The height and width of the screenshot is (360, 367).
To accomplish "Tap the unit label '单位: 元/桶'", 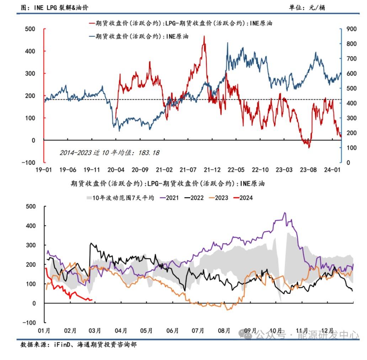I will tap(307, 7).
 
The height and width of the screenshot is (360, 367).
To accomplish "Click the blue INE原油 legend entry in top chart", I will tap(139, 36).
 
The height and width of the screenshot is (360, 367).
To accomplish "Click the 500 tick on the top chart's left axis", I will tap(30, 29).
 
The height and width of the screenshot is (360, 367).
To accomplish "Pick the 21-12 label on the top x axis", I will tap(212, 170).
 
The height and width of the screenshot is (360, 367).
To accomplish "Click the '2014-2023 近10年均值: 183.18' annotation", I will tap(109, 153).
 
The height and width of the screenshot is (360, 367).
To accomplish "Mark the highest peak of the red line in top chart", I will tap(204, 36).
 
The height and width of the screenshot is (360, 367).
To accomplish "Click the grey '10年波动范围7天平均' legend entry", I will tap(119, 198).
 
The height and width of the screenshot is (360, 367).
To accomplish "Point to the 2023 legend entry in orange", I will tap(219, 198).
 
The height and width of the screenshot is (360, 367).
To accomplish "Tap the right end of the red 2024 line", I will tap(92, 300).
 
